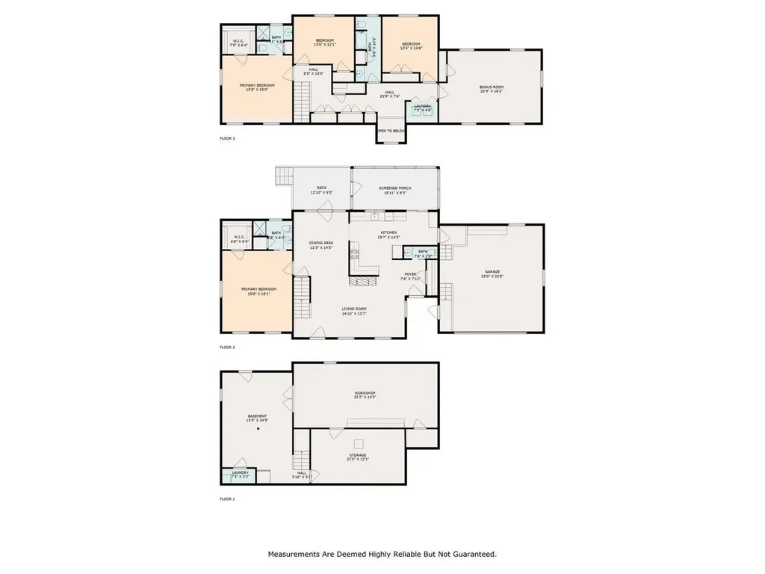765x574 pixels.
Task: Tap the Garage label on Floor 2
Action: (x=492, y=273)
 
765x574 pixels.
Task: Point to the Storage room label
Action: (x=358, y=456)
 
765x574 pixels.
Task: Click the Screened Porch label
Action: (x=395, y=191)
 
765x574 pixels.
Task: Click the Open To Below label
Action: (x=391, y=131)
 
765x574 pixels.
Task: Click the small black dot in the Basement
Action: (x=258, y=430)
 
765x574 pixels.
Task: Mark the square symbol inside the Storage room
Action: (x=358, y=442)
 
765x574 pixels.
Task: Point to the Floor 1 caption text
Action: (x=227, y=498)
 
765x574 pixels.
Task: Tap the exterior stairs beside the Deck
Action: (x=284, y=176)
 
